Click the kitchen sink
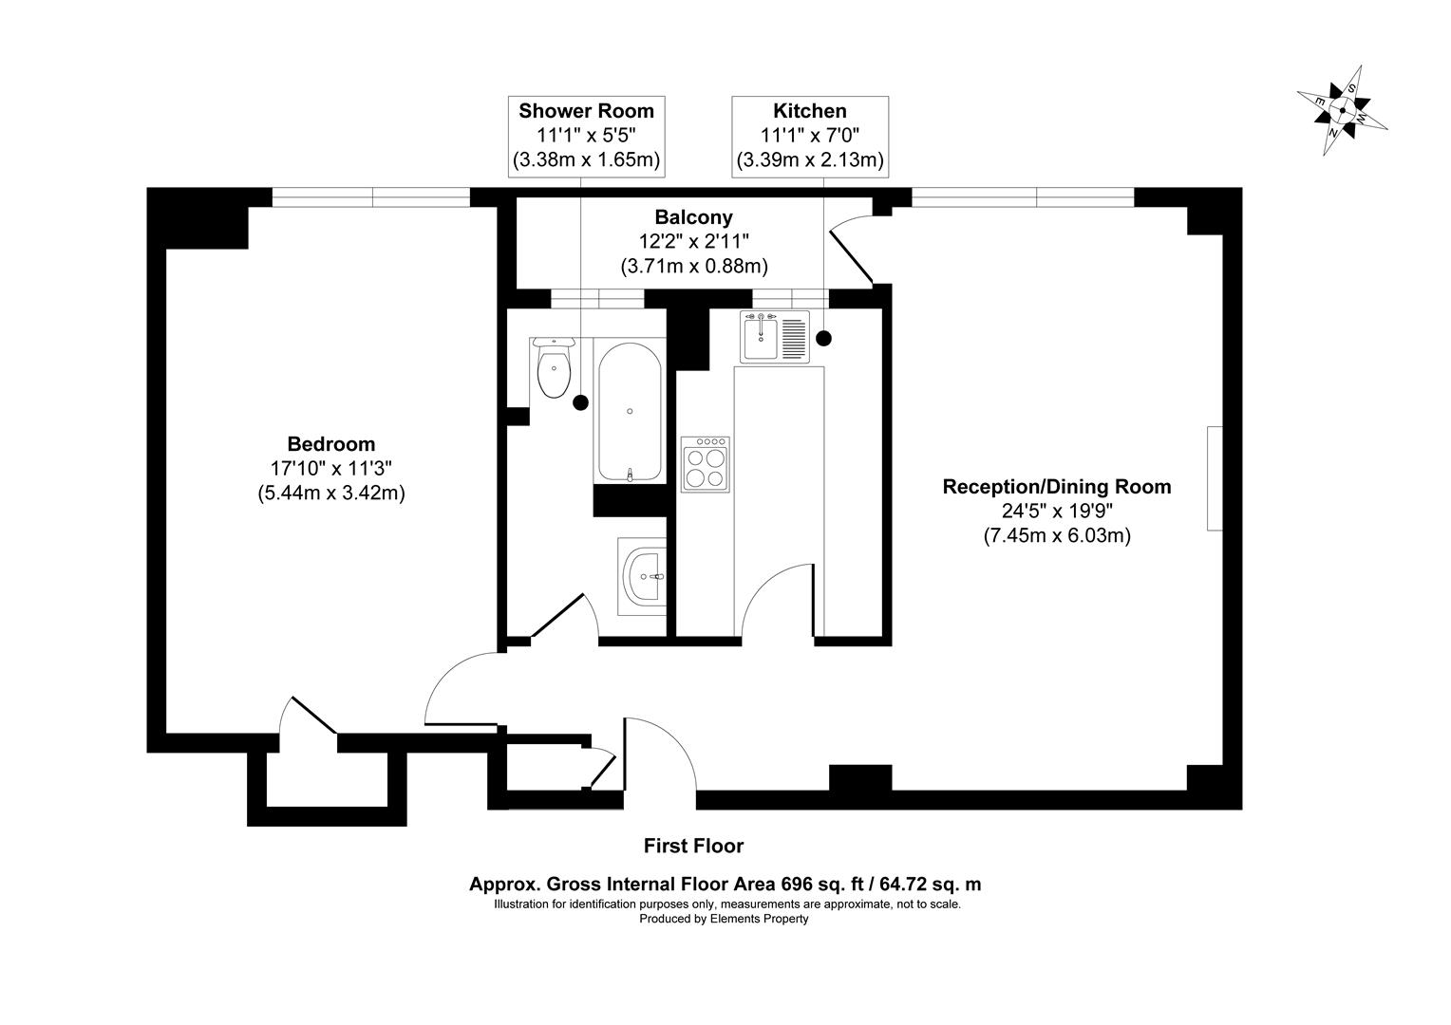coord(774,336)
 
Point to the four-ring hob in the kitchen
coord(706,463)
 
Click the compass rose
coord(1342,110)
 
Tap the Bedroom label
coord(331,444)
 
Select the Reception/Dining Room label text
coord(1056,487)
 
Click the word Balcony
coord(693,217)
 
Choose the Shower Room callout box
coord(586,136)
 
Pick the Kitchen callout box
coord(810,136)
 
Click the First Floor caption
coord(693,846)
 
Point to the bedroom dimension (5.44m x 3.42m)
coord(331,494)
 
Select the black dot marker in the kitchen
coord(823,337)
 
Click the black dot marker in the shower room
coord(580,402)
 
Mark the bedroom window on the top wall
coord(371,197)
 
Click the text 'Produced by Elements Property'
coord(724,919)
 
